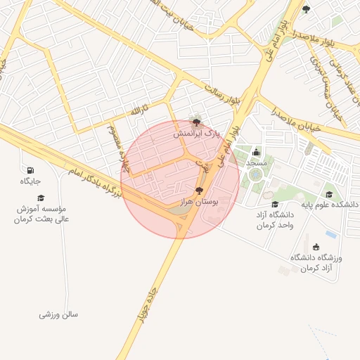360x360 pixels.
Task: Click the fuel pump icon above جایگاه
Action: (30, 171)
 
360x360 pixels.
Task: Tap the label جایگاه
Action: (30, 182)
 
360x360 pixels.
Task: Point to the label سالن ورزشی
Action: (58, 314)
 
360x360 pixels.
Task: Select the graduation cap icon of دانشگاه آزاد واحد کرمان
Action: (274, 204)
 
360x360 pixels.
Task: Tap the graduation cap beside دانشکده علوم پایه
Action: (329, 195)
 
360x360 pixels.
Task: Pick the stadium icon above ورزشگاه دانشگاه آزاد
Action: (315, 247)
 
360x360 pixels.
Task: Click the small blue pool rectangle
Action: (330, 233)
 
